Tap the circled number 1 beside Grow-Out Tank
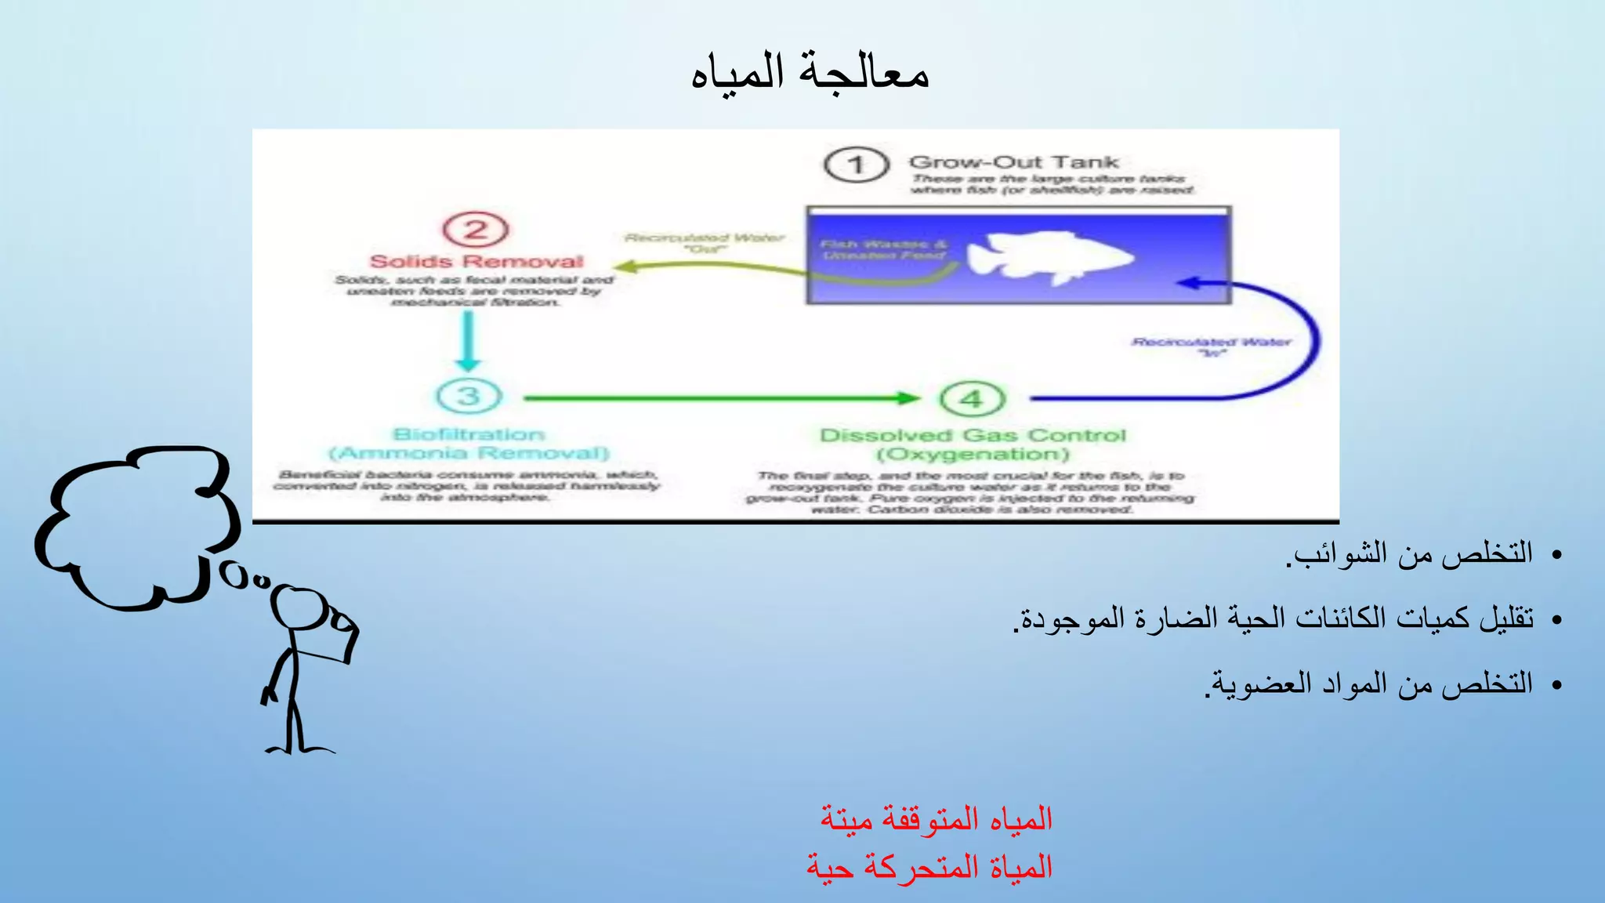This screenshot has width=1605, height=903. point(856,165)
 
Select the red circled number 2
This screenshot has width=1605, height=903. point(476,230)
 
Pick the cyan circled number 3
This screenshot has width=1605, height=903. point(469,396)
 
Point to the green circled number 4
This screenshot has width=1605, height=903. point(972,398)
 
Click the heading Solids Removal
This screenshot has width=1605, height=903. point(476,262)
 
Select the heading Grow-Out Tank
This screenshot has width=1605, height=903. point(1013,162)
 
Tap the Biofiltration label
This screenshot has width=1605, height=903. point(469,434)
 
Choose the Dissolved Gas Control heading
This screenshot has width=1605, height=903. point(973,435)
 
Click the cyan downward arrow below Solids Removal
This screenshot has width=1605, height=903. point(468,341)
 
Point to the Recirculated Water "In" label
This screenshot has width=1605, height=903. point(1212,346)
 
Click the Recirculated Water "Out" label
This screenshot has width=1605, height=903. point(705,242)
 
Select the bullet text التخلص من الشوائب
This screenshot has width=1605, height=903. point(1411,553)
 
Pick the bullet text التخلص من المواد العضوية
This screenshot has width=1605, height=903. point(1370,684)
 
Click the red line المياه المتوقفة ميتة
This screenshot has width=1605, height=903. point(936,818)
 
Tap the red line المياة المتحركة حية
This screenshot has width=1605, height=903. point(929,868)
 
